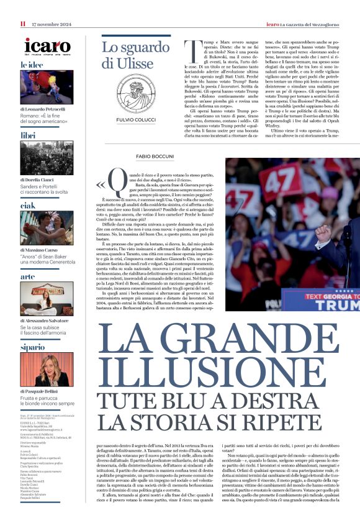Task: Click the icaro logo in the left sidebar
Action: (x=47, y=45)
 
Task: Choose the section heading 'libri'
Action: (x=28, y=135)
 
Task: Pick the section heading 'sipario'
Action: (x=32, y=347)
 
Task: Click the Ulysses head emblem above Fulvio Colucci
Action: (x=131, y=93)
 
